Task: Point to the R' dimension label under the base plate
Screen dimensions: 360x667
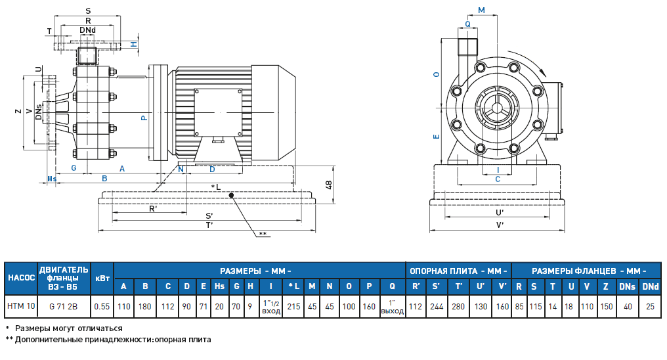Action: (152, 209)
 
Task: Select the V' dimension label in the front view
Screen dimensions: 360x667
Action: (500, 225)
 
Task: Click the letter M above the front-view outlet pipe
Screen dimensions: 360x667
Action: (482, 11)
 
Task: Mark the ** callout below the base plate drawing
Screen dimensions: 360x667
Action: (263, 234)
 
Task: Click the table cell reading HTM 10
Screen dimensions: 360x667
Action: (21, 306)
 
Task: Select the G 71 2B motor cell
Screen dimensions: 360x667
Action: (63, 306)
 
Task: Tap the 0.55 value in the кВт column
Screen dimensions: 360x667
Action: (101, 306)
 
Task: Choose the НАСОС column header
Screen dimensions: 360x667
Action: (21, 277)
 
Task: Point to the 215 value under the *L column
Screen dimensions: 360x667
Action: (293, 306)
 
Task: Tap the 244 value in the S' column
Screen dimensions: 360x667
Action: (436, 306)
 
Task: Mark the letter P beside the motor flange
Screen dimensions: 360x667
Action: (143, 118)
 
